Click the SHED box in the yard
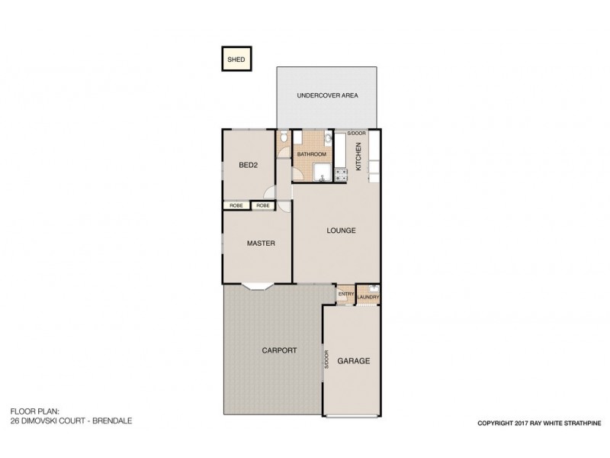[236, 59]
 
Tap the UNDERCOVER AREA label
[326, 95]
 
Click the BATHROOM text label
[312, 154]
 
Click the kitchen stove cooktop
[340, 175]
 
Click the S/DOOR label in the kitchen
[356, 134]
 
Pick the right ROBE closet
[263, 205]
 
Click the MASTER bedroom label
[260, 244]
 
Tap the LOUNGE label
[341, 230]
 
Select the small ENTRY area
[345, 294]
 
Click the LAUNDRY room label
[368, 297]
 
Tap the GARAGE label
[354, 361]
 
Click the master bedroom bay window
[257, 287]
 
